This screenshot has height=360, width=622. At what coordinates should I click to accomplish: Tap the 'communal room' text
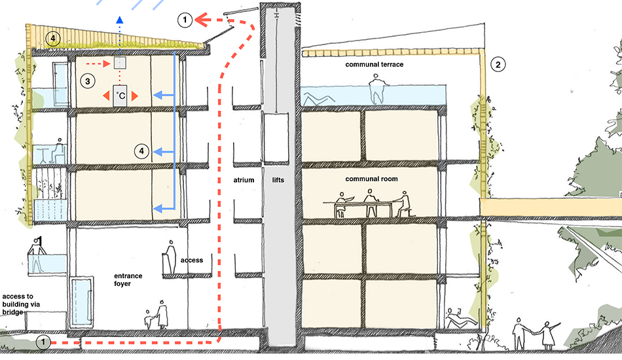(372, 178)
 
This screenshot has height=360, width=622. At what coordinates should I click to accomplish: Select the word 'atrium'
(243, 179)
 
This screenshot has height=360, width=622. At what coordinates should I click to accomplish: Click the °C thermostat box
(121, 96)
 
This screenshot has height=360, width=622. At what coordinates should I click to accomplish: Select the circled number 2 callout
(498, 64)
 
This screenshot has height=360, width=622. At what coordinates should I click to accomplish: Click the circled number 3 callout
(86, 81)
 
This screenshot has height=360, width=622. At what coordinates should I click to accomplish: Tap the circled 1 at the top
(186, 21)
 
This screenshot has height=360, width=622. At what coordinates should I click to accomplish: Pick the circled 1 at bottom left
(43, 342)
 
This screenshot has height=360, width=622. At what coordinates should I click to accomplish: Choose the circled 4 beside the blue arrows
(140, 151)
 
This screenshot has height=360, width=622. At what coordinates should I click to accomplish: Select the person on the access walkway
(170, 256)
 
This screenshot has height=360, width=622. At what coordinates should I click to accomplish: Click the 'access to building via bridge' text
(22, 302)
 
